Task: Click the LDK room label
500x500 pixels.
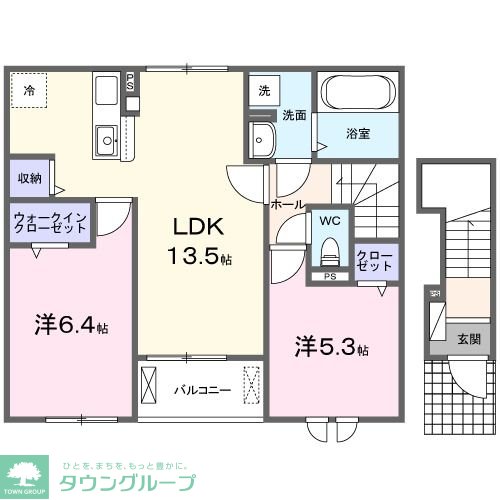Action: (x=192, y=225)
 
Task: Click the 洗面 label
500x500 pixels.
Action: (x=293, y=115)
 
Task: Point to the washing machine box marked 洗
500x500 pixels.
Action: (x=263, y=89)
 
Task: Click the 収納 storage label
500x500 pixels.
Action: (x=28, y=178)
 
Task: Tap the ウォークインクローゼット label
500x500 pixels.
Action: (x=50, y=220)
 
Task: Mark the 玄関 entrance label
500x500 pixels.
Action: (x=468, y=338)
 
